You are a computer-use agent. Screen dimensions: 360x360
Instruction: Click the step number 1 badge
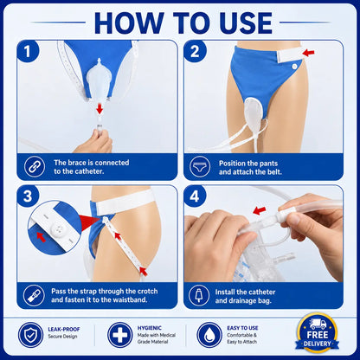coord(28,51)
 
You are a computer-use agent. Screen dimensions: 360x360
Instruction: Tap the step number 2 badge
coord(195,51)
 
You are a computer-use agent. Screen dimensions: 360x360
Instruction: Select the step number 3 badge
coord(28,196)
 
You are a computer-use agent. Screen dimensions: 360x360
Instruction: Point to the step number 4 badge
coord(195,196)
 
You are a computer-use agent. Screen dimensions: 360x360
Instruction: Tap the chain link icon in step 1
coord(35,166)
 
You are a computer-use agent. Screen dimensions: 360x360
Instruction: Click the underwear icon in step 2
coord(200,166)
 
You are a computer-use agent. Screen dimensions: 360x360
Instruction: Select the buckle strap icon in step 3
coord(35,295)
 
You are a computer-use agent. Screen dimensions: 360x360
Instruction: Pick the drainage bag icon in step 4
coord(199,295)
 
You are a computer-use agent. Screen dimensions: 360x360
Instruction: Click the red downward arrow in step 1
coord(100,109)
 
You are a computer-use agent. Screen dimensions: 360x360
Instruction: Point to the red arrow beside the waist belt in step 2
coord(308,53)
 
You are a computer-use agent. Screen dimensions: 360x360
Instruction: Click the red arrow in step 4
coord(259,210)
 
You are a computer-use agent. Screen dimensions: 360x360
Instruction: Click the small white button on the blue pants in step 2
coord(294,67)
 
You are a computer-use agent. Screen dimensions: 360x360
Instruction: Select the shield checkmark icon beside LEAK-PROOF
coord(30,335)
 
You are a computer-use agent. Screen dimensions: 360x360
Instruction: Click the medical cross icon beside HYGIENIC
coord(120,335)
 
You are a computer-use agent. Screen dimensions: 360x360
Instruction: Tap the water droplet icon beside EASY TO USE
coord(209,335)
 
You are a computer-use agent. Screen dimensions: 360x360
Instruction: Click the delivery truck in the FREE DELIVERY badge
coord(318,324)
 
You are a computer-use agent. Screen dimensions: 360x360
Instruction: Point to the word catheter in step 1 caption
coord(89,171)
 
